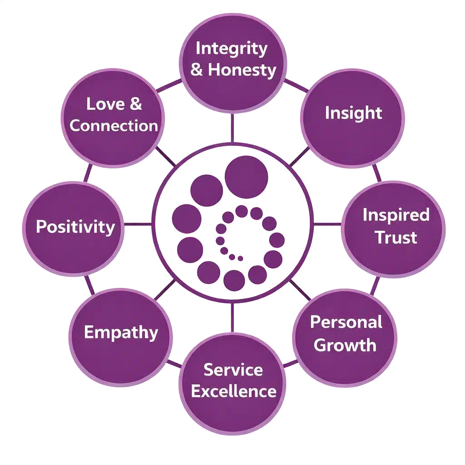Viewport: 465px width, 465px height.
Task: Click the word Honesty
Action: (242, 70)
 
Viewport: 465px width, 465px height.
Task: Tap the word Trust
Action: (396, 237)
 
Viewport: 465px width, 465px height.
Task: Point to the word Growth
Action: (345, 345)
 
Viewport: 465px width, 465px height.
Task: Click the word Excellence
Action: (233, 391)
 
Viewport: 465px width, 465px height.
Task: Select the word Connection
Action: (114, 126)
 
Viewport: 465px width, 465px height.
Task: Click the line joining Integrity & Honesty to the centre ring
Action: (233, 128)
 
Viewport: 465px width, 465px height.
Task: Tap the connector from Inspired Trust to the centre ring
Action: (328, 223)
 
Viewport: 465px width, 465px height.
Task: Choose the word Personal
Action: (346, 322)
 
